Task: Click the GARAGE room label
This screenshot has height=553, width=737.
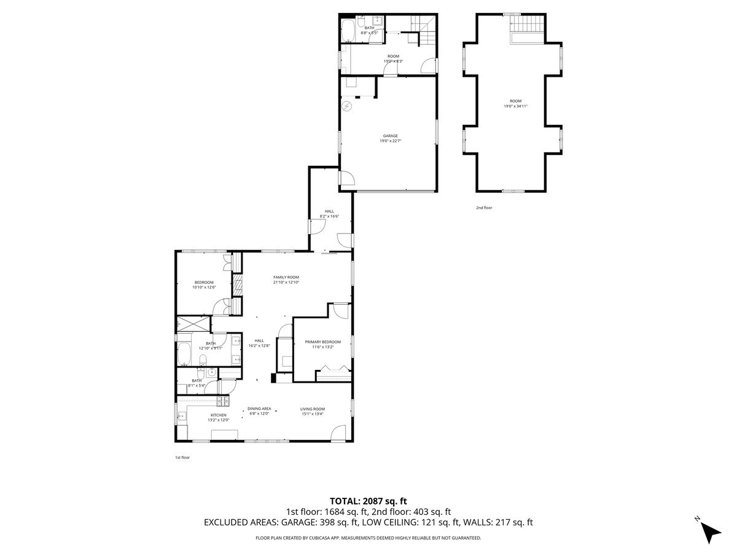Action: click(391, 136)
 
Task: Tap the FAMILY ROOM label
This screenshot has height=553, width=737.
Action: click(286, 277)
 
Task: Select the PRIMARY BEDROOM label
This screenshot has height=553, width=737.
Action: click(322, 342)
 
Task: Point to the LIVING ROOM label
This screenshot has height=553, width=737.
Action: click(313, 409)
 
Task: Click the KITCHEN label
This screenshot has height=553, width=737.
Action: click(219, 415)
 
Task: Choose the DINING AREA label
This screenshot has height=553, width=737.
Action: click(259, 409)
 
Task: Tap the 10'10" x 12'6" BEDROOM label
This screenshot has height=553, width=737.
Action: click(203, 282)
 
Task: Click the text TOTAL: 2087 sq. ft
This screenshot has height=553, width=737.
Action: click(368, 501)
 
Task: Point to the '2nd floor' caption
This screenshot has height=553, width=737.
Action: click(484, 208)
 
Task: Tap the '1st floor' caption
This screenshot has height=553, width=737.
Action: click(182, 457)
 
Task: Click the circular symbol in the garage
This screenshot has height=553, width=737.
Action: click(346, 106)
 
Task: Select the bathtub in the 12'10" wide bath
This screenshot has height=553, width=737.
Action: click(184, 354)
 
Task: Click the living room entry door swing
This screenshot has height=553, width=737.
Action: click(338, 434)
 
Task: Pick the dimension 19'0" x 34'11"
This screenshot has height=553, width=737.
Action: click(515, 106)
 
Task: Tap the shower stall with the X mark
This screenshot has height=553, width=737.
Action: click(193, 324)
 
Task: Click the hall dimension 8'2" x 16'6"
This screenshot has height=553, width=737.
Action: click(330, 216)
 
